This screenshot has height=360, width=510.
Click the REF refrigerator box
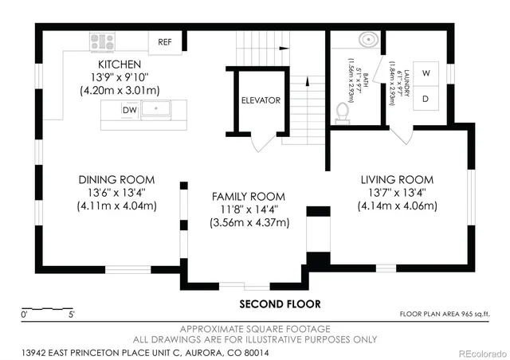165,41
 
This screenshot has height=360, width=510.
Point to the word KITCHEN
120,65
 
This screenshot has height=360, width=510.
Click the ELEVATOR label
261,101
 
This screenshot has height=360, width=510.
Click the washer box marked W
426,73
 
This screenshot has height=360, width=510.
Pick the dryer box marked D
426,99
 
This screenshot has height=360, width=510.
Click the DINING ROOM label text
116,179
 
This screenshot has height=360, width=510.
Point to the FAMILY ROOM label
248,197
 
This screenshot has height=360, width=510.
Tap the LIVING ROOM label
397,180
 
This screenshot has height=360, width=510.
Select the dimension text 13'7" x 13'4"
397,193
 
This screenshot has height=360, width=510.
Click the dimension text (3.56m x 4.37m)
249,222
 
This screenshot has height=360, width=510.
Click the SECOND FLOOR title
280,304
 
